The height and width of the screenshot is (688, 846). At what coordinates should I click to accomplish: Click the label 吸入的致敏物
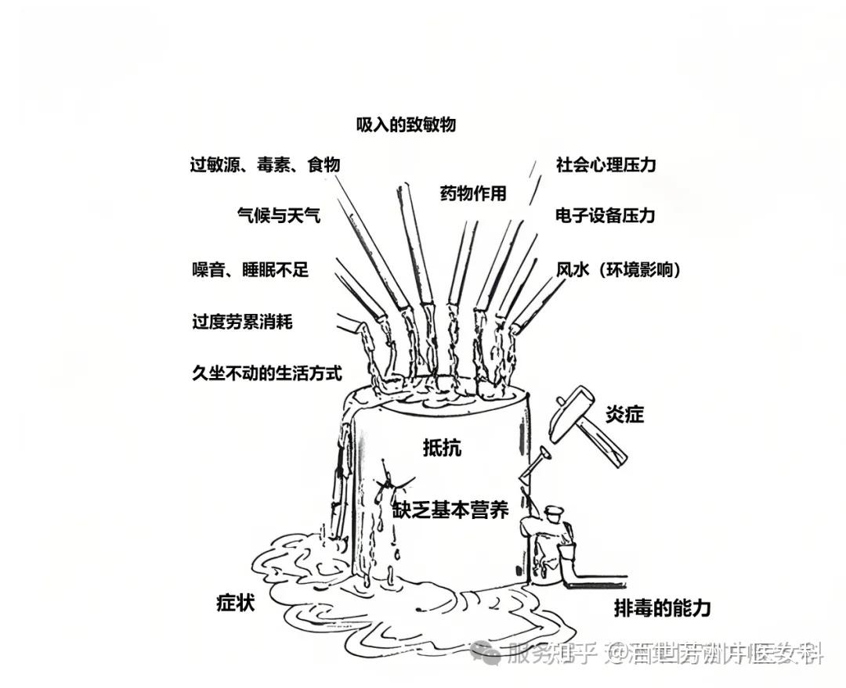tap(405, 125)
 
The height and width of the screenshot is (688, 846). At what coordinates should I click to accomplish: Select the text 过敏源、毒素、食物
tap(265, 165)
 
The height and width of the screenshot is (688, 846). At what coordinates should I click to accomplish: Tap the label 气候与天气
tap(278, 214)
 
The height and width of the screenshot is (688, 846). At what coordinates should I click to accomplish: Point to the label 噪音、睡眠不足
tap(250, 270)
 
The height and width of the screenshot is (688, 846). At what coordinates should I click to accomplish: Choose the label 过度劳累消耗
tap(242, 322)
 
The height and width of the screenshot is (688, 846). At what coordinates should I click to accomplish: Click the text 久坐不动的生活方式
tap(266, 373)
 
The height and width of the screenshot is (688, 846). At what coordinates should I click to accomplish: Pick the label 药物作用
tap(473, 194)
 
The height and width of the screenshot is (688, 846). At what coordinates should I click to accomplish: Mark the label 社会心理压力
tap(606, 165)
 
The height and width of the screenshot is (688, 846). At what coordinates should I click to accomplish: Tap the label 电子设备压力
tap(605, 215)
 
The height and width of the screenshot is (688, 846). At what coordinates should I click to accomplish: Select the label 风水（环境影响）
tap(618, 270)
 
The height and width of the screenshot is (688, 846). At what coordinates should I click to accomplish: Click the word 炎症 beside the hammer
tap(624, 414)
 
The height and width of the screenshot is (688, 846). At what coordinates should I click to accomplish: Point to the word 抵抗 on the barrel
tap(442, 448)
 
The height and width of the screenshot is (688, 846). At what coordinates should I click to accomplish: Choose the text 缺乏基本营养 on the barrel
tap(450, 511)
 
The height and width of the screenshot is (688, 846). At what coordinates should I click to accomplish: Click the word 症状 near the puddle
tap(236, 603)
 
